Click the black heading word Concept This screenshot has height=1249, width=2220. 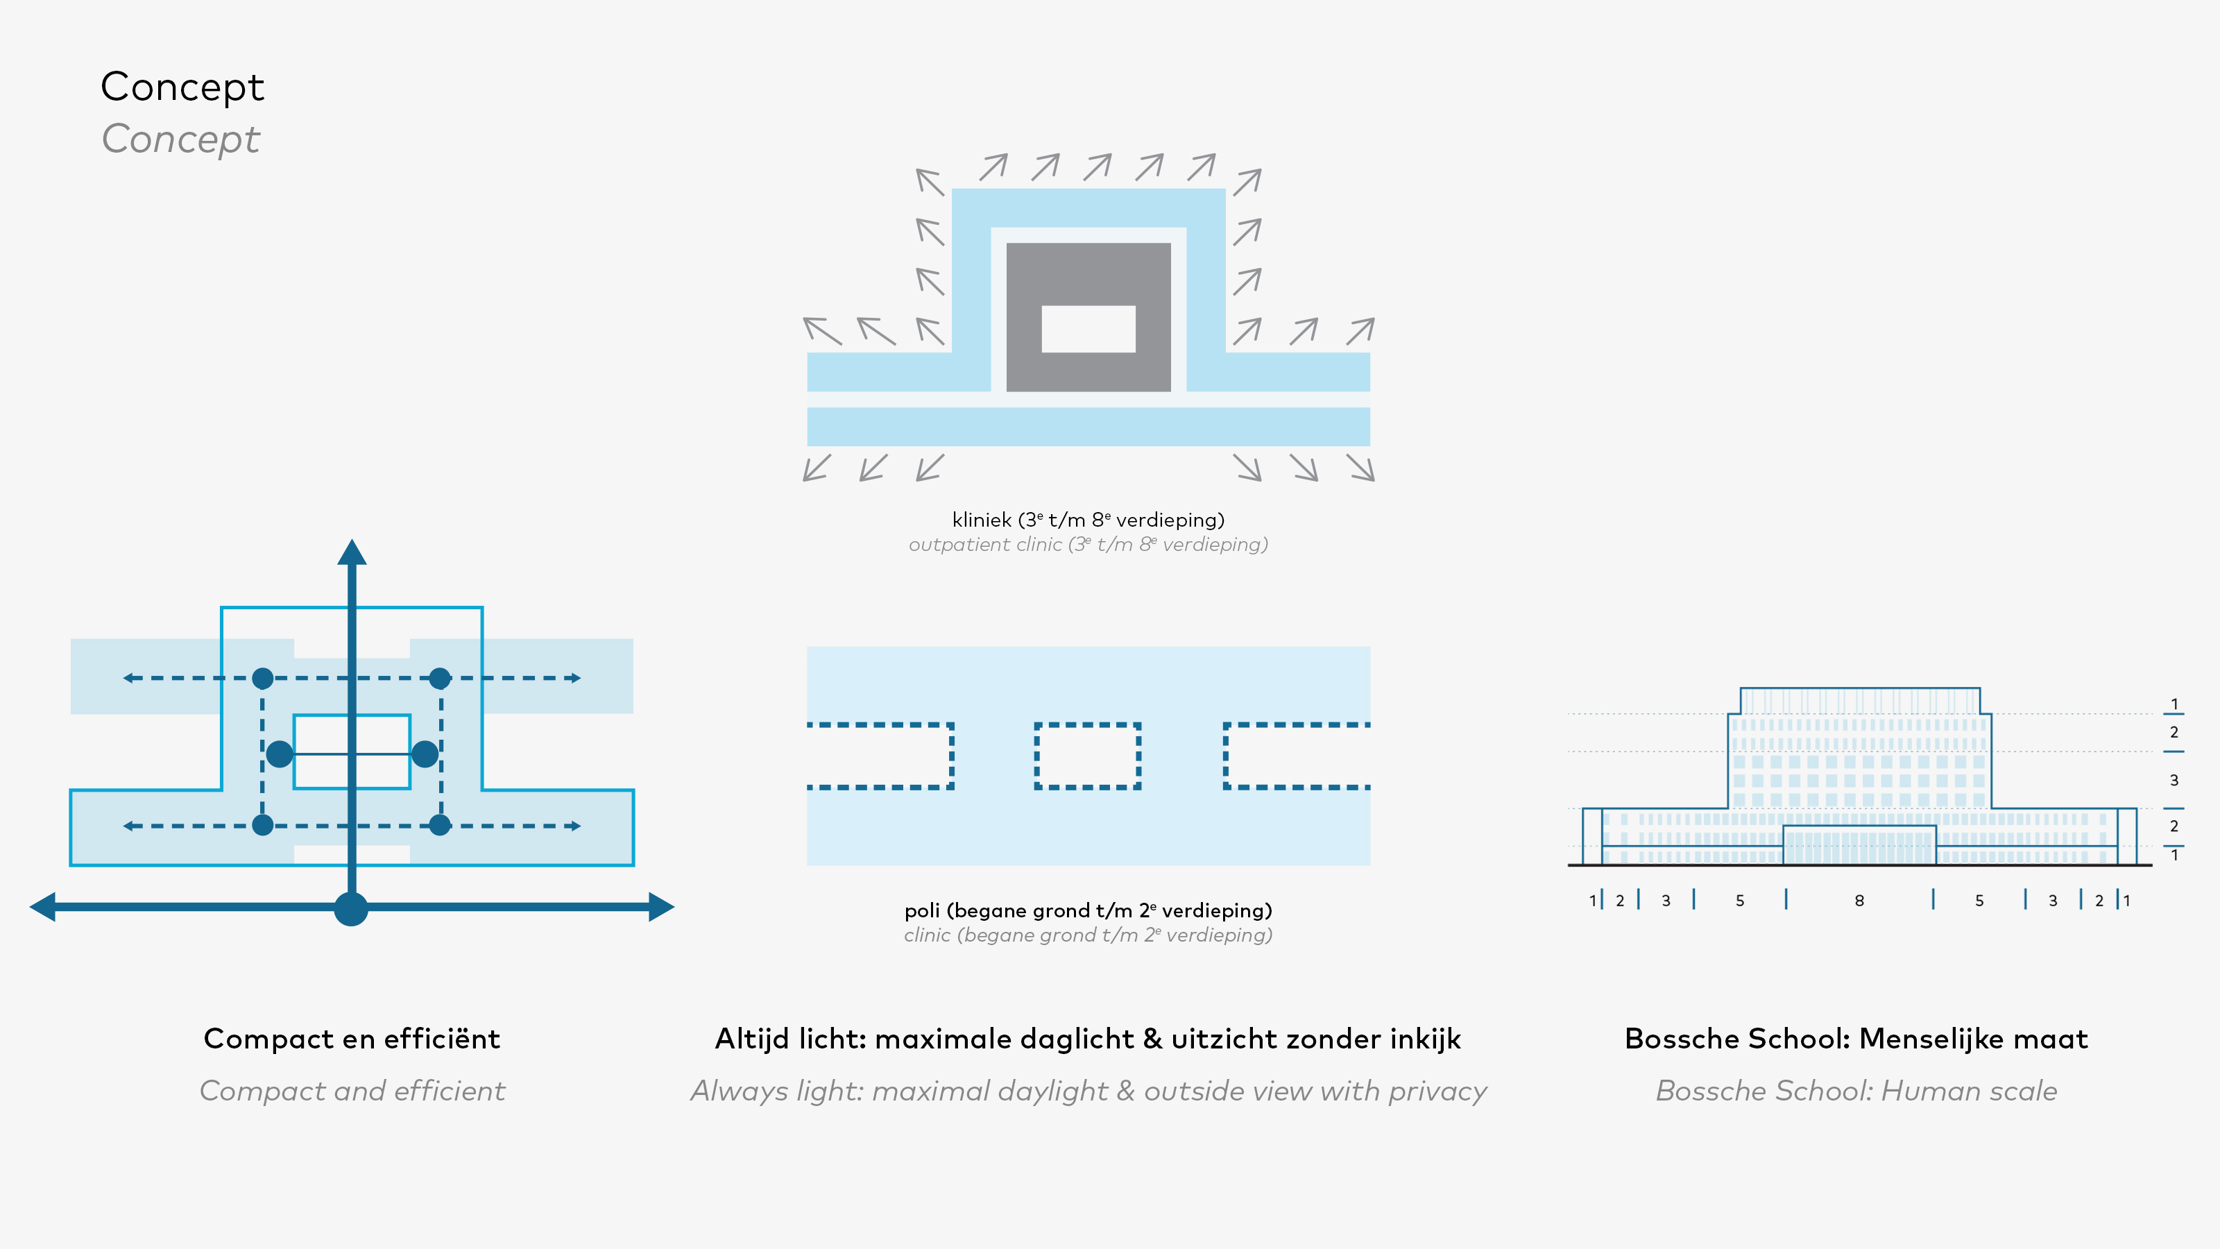click(182, 87)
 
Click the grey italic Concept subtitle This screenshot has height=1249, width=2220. click(181, 139)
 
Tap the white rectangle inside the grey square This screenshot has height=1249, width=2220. click(1088, 328)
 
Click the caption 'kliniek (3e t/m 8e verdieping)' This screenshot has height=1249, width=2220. click(1088, 520)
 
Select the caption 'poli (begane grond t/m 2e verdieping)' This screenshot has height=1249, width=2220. click(1088, 910)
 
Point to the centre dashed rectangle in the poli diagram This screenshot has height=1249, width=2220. click(1088, 756)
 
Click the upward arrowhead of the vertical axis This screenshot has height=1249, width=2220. click(352, 552)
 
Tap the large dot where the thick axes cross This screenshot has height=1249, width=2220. click(351, 908)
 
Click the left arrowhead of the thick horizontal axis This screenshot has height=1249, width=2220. click(42, 907)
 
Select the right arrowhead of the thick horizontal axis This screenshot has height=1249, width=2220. click(662, 907)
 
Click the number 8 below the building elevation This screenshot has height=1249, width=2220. click(1860, 901)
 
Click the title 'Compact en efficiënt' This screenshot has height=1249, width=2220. click(352, 1039)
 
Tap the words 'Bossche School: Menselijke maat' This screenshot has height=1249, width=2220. click(1856, 1039)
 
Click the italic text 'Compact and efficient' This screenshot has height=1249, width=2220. click(352, 1091)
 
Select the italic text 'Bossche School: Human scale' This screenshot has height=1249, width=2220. click(1856, 1091)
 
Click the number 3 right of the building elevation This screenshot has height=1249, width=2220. click(2174, 780)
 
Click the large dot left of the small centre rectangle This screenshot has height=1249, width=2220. click(279, 754)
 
